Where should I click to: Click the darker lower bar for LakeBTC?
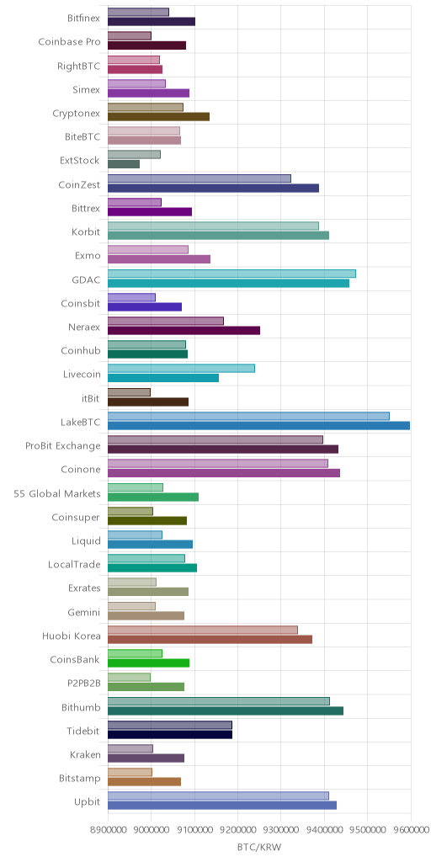(259, 425)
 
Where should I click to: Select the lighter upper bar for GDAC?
(231, 274)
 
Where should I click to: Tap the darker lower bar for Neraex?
(184, 330)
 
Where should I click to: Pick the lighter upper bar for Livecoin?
(182, 369)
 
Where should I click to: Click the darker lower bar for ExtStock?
(124, 164)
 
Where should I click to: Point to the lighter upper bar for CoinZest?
(200, 178)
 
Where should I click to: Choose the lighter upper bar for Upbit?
(218, 795)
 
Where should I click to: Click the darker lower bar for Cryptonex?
(158, 116)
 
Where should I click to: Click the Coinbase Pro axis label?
(69, 42)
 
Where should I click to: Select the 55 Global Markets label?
(57, 493)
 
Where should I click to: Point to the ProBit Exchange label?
(62, 446)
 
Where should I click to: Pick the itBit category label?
(90, 398)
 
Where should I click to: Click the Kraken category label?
(85, 755)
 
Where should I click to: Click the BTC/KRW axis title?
(259, 847)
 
